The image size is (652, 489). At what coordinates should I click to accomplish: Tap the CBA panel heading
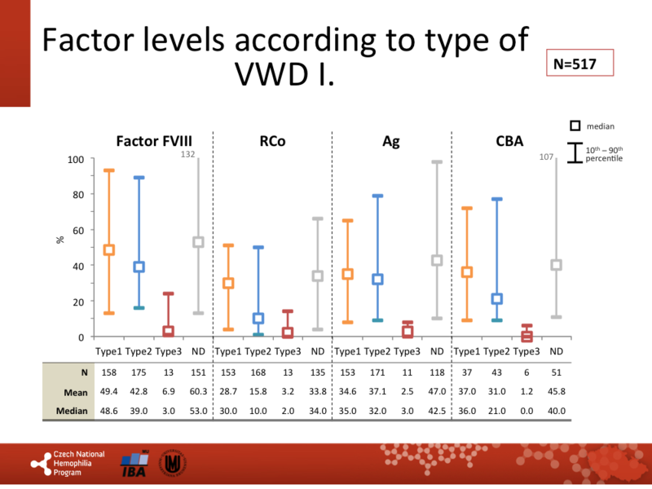(510, 141)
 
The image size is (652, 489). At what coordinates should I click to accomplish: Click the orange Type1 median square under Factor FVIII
(108, 250)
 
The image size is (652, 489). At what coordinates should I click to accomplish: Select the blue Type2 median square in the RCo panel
(258, 319)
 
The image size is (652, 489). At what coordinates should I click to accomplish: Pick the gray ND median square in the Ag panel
(437, 261)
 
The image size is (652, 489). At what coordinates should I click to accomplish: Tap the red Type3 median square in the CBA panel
(526, 336)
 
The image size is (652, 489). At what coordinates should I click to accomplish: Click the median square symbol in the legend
(575, 126)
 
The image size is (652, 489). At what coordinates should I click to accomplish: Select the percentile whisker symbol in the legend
(575, 152)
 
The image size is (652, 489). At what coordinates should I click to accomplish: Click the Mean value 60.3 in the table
(198, 392)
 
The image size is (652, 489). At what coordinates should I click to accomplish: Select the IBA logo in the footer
(134, 463)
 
